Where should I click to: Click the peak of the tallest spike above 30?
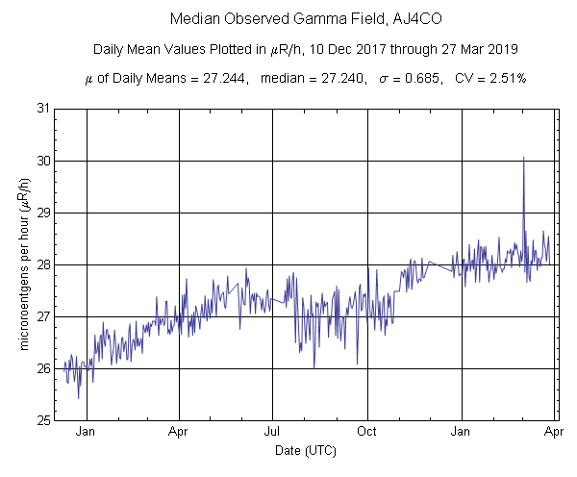pos(523,157)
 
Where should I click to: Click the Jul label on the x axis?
pos(274,432)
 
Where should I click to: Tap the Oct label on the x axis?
pos(368,432)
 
